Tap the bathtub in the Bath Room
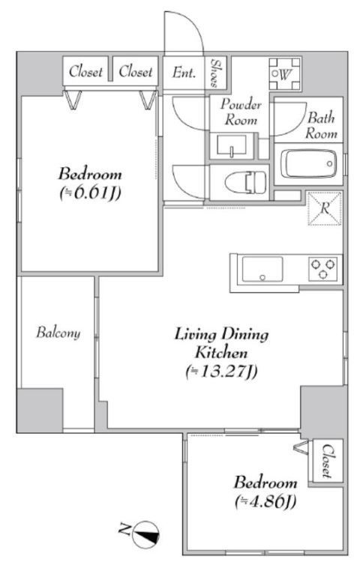tap(308, 163)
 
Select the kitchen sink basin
tap(262, 269)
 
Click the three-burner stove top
tap(323, 268)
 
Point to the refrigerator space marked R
tap(325, 208)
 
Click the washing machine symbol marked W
tap(284, 74)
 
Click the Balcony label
tap(58, 333)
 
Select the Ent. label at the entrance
tap(184, 73)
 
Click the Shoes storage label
tap(215, 73)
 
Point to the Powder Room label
tap(241, 112)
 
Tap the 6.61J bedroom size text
tap(90, 193)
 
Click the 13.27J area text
tap(221, 372)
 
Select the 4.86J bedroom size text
tap(265, 501)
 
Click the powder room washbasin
tap(231, 145)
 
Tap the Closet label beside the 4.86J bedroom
tap(327, 460)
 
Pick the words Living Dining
tap(221, 334)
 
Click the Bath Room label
tap(321, 126)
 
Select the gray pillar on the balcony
tap(40, 411)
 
